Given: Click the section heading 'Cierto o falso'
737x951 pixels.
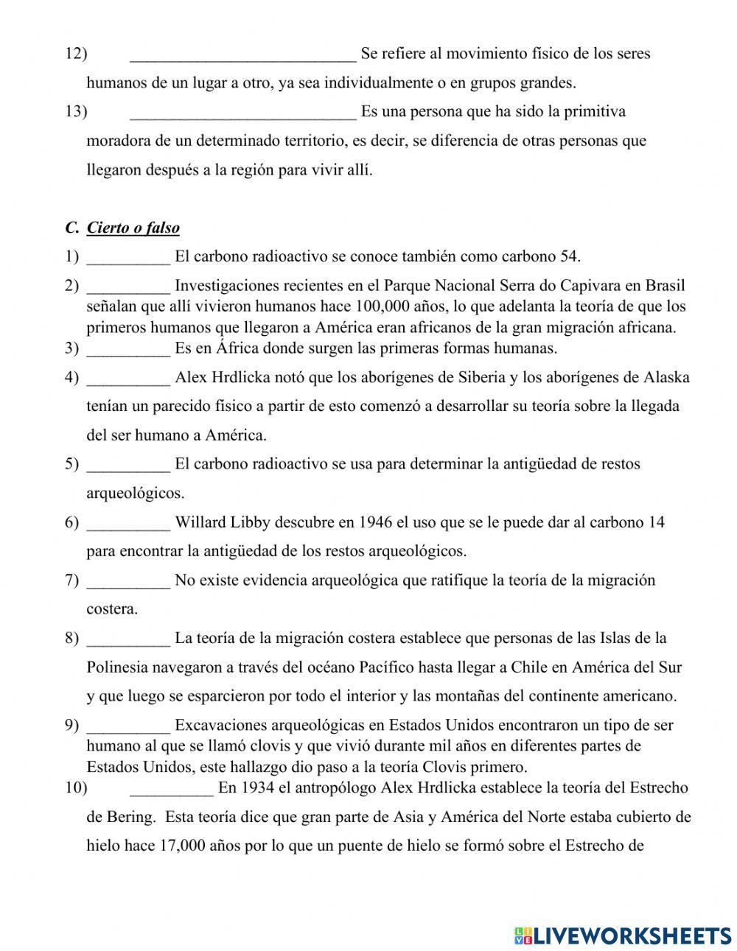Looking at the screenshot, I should [133, 228].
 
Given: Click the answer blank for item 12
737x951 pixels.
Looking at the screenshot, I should [242, 54].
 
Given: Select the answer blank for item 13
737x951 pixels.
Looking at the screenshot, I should [242, 112].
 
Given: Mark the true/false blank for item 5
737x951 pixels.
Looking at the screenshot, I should [128, 464].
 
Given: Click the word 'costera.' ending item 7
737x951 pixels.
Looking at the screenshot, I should [112, 609].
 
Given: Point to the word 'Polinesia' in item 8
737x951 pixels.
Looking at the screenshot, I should [116, 667].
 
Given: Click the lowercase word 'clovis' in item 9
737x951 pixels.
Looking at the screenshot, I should [278, 745].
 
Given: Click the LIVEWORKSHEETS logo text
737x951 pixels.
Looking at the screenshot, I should [632, 936].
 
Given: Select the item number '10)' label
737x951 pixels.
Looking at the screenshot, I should [76, 787].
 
